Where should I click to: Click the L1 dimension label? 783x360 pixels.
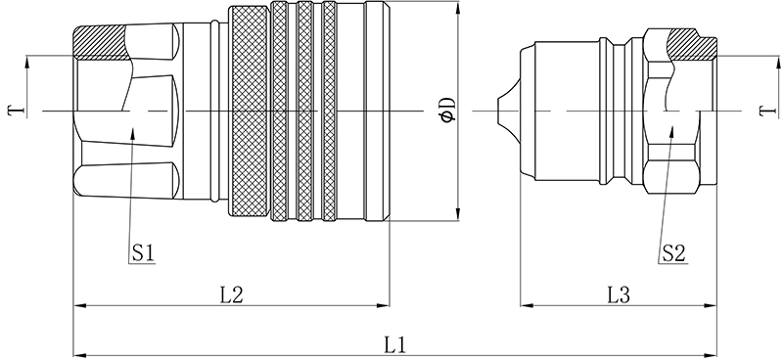tap(394, 345)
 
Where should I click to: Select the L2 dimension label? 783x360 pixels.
tap(231, 295)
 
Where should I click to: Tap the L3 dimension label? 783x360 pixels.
tap(619, 295)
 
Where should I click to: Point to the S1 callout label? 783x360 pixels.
tap(142, 253)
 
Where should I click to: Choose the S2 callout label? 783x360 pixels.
tap(673, 253)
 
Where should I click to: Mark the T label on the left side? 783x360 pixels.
tap(15, 111)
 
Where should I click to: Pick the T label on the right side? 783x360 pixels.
tap(767, 111)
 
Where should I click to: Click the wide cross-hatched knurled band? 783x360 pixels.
tap(250, 111)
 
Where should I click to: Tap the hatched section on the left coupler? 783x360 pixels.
tap(100, 42)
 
